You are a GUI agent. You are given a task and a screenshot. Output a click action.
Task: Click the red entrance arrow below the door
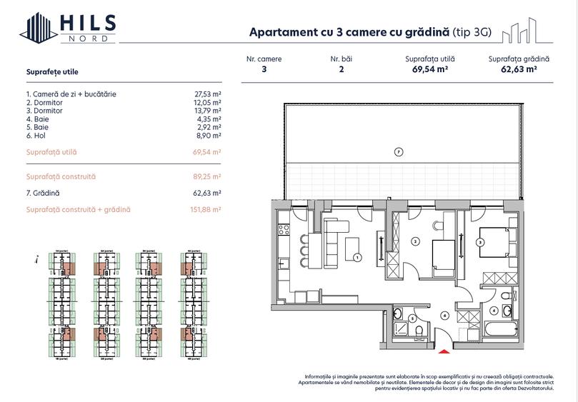click(444, 350)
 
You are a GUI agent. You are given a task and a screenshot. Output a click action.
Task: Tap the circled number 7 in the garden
click(399, 151)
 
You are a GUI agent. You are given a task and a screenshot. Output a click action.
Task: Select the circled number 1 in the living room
click(358, 257)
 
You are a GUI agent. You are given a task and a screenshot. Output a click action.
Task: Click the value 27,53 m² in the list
click(208, 94)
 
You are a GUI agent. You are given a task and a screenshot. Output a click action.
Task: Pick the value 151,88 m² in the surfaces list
click(206, 210)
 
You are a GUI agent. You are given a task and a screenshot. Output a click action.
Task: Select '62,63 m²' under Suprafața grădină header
click(519, 70)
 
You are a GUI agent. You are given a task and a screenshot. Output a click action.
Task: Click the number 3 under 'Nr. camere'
click(264, 70)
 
